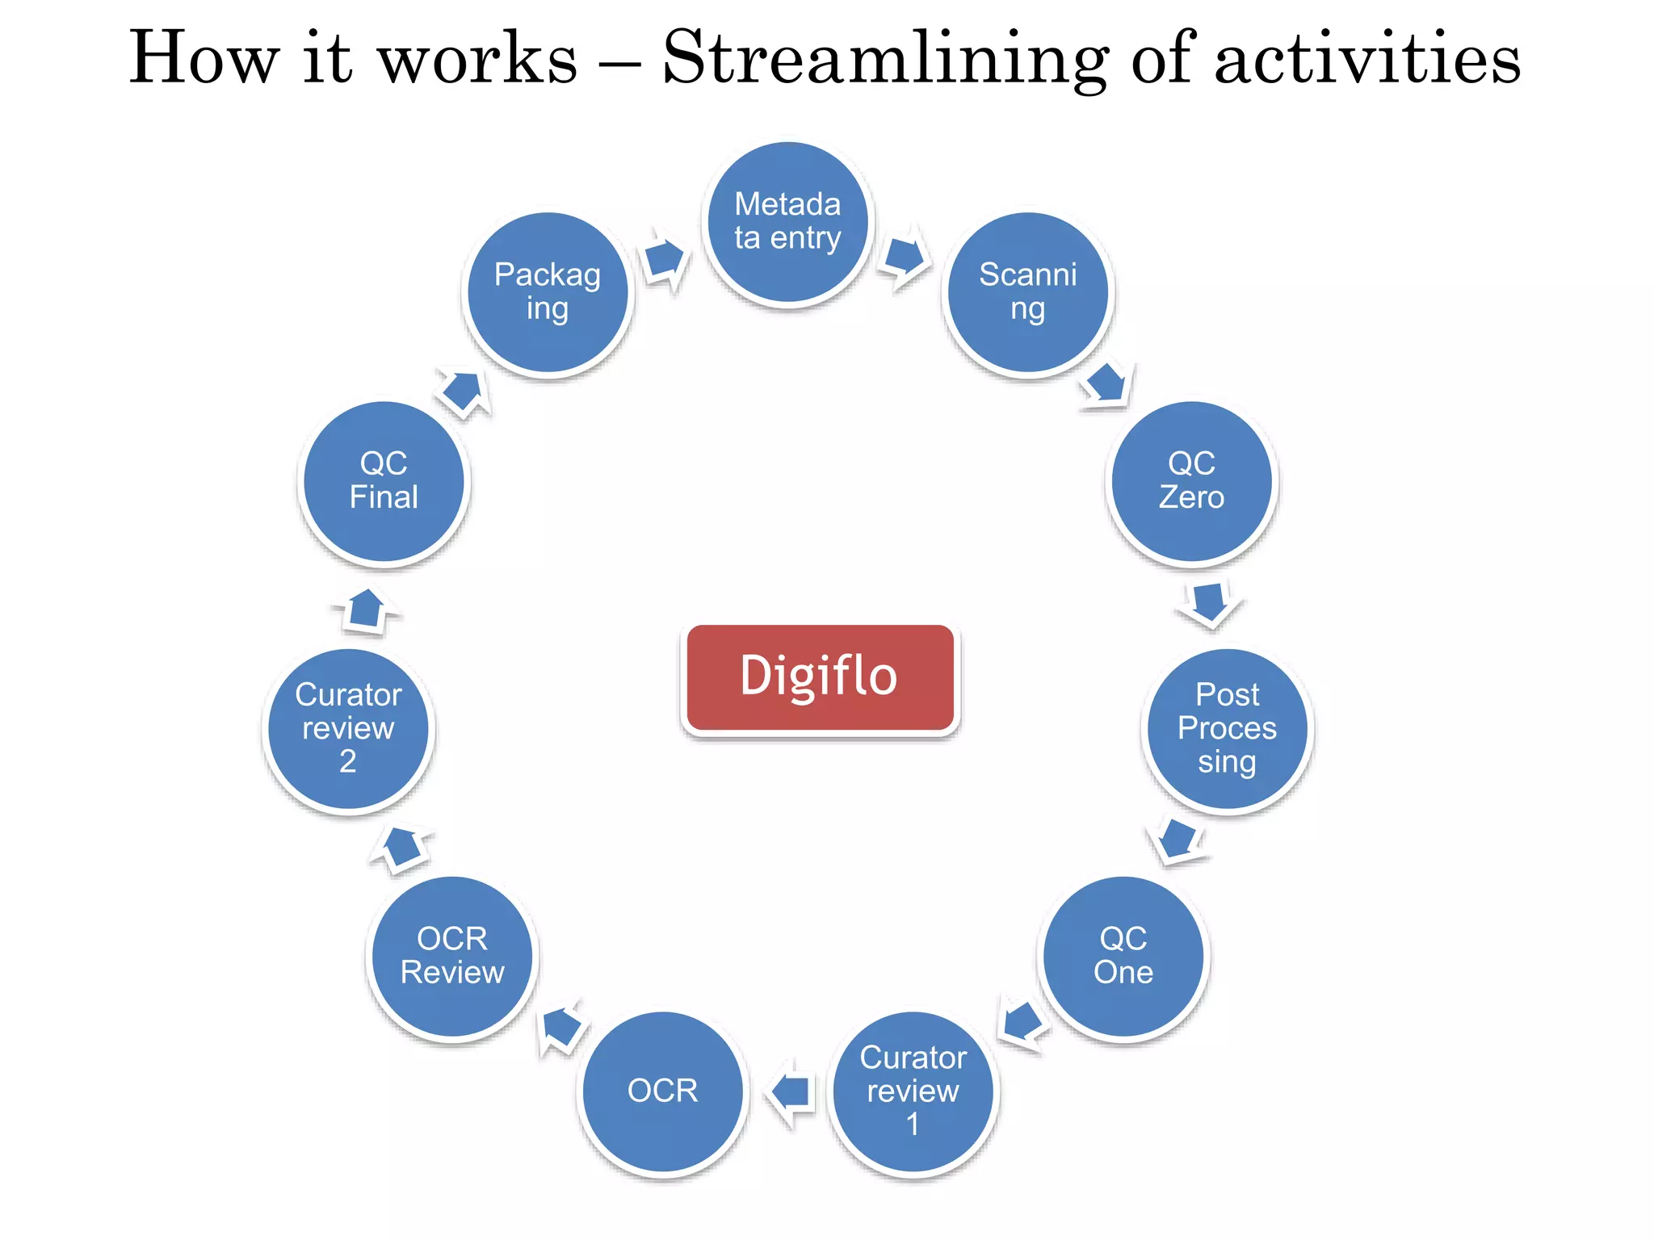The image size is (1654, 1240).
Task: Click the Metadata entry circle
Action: [x=787, y=222]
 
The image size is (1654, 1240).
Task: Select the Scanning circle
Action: [x=1027, y=292]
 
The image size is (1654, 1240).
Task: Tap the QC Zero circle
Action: [x=1191, y=481]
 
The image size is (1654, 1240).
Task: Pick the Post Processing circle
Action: [x=1227, y=728]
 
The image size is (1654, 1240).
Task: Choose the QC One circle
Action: [x=1123, y=956]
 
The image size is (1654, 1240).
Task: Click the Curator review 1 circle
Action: [x=913, y=1091]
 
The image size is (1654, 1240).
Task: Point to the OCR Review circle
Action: [x=452, y=956]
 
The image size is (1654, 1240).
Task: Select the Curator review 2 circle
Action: [x=348, y=728]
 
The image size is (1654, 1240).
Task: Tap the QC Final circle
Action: [x=384, y=481]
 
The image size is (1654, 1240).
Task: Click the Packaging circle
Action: [x=548, y=292]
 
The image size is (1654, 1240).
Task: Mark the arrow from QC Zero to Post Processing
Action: [x=1210, y=602]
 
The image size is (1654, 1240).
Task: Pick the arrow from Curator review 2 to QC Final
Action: [x=367, y=609]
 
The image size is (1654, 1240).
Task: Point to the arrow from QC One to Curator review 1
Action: [x=1023, y=1023]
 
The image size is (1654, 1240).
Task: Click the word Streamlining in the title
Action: [x=885, y=58]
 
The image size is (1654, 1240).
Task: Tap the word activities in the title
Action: [x=1366, y=58]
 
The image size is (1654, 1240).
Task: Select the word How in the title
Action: [x=204, y=58]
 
